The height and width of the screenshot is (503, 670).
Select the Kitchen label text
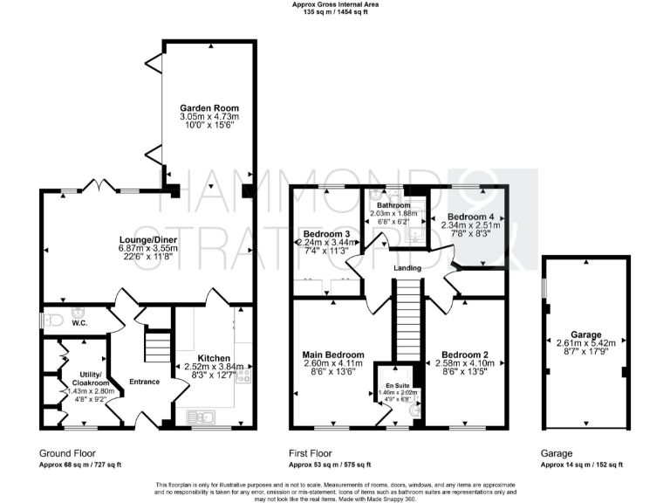(213, 358)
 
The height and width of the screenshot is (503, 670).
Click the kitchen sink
(192, 415)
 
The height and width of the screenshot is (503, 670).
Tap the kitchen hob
(243, 376)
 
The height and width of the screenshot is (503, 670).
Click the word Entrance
(144, 382)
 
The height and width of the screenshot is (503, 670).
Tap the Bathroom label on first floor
(393, 206)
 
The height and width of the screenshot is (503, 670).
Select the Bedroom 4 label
(470, 217)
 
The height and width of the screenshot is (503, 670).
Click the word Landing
(407, 268)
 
